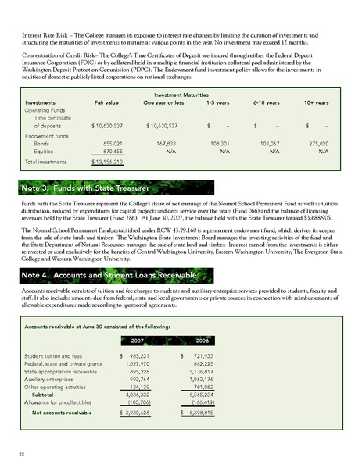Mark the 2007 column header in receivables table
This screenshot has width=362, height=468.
(133, 340)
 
